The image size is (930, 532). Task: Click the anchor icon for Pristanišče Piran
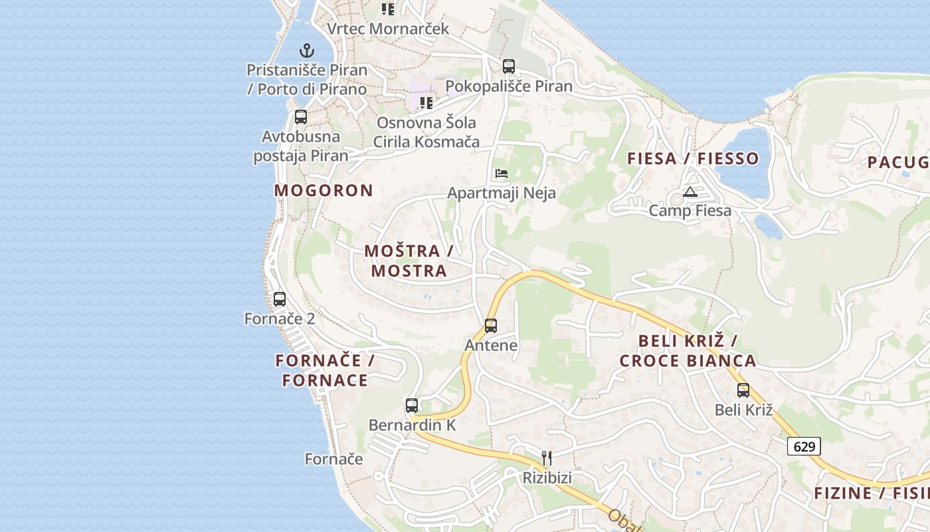(x=306, y=51)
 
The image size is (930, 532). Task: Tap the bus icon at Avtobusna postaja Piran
(x=301, y=117)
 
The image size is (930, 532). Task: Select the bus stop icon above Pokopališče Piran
(x=509, y=66)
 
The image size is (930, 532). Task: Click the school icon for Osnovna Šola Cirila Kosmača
(x=426, y=103)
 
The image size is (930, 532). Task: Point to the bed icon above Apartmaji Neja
(x=502, y=174)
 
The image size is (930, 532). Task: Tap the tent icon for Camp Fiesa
(x=690, y=192)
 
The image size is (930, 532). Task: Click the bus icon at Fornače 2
(x=280, y=299)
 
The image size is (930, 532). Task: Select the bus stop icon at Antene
(x=491, y=326)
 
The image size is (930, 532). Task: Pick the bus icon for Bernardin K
(x=412, y=405)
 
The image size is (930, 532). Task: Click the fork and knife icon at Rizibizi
(x=547, y=458)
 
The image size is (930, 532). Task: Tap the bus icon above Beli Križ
(x=743, y=390)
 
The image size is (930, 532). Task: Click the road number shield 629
(x=804, y=446)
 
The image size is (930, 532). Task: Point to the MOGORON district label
(x=324, y=190)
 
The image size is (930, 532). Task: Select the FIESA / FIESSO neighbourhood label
(x=694, y=158)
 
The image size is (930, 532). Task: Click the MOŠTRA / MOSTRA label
(x=409, y=261)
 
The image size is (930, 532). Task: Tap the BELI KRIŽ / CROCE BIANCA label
(x=688, y=351)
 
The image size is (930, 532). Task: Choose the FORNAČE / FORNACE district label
(x=325, y=370)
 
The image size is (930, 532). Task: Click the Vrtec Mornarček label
(x=388, y=29)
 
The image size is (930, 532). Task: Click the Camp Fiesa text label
(x=690, y=211)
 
